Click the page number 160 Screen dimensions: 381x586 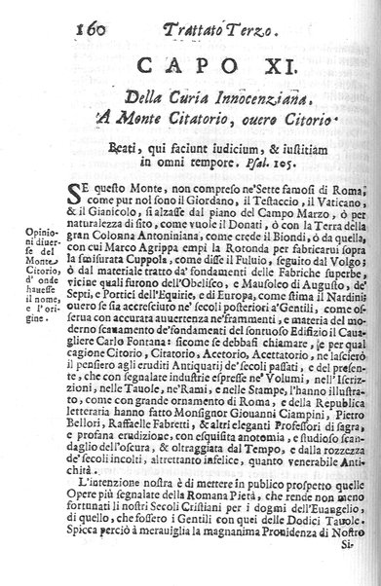tap(33, 16)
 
